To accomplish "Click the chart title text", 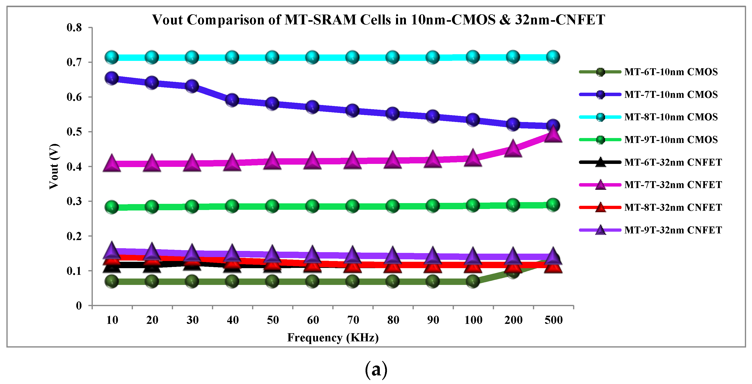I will pos(378,20).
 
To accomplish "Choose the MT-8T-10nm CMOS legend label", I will pos(671,117).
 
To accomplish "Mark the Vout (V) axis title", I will pos(54,167).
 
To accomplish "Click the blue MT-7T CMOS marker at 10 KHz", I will pos(112,78).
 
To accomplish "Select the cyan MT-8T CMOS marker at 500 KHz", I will pos(553,57).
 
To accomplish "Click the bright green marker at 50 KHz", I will pos(272,206).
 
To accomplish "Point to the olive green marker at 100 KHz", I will pos(473,281).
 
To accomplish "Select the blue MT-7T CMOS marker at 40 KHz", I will pos(232,100).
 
